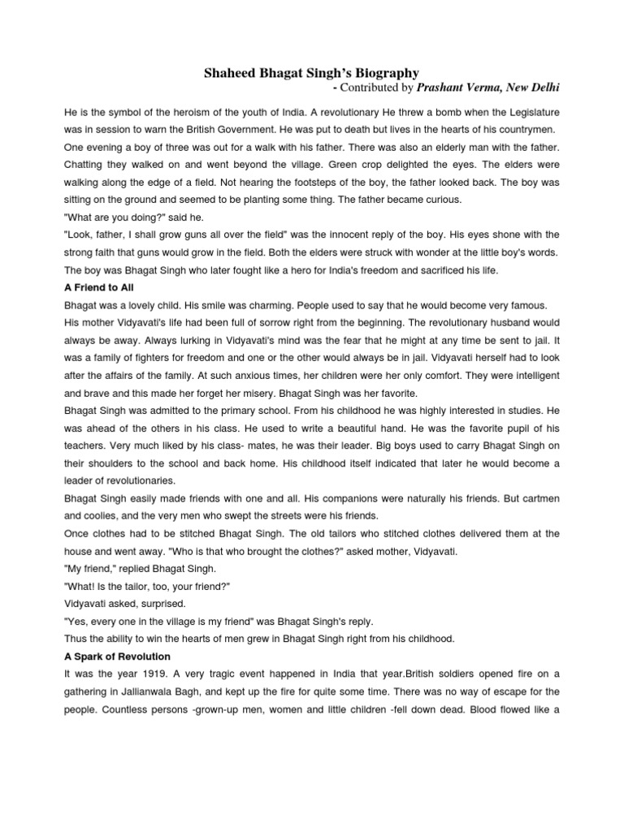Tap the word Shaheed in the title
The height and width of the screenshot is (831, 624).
(x=231, y=74)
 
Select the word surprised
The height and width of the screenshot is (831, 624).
(x=163, y=601)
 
